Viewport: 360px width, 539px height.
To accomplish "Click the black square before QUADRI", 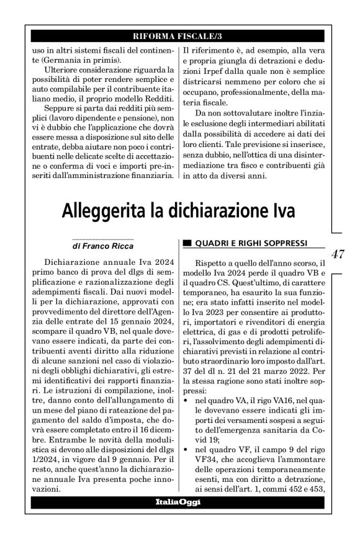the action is tap(187, 242).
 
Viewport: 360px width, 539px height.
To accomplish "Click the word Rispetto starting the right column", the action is tap(212, 264).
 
